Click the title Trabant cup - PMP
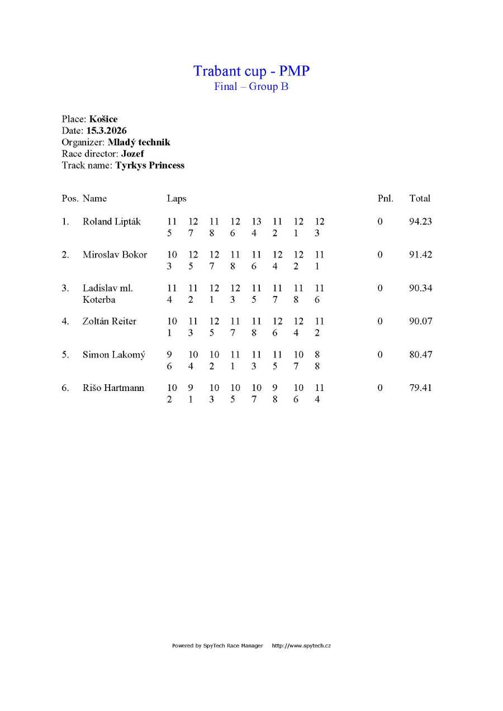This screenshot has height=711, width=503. point(251,71)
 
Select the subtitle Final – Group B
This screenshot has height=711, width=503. point(251,87)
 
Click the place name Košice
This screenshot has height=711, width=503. point(103,119)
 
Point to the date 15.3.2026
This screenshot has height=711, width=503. point(106,131)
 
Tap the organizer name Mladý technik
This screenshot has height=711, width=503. point(139,142)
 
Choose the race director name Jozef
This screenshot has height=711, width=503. point(133,154)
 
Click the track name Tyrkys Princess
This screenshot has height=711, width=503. point(150,165)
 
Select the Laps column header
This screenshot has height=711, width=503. point(177,198)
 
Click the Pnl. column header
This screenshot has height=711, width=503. point(386,198)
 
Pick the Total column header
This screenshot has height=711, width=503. point(420,198)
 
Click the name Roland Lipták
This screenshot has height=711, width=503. point(112,222)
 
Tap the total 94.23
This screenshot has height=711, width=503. point(420,222)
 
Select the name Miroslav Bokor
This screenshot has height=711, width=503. point(115,255)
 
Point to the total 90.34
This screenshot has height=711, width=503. point(420,288)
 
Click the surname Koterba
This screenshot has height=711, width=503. point(99,300)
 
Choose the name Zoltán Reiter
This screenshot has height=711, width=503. point(110,321)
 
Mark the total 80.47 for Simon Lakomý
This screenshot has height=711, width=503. point(420,355)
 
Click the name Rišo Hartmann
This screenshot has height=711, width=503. point(113,388)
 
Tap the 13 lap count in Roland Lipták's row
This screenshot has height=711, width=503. point(256,222)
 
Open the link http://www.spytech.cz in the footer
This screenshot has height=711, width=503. point(301,646)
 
